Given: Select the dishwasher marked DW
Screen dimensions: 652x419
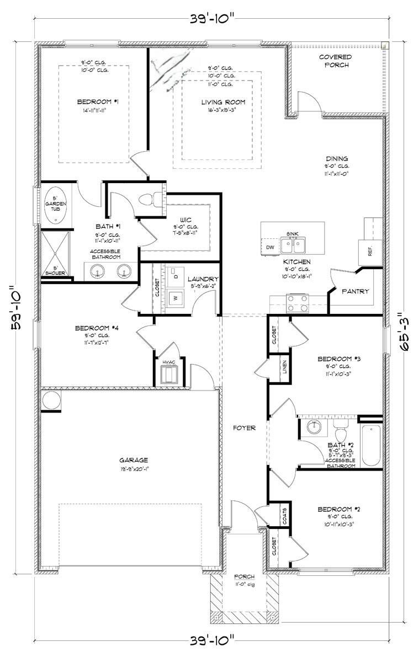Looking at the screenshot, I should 269,247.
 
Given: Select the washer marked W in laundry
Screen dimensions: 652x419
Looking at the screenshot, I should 177,298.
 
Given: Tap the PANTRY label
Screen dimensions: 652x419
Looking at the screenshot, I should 355,291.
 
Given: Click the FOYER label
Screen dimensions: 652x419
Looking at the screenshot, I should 243,427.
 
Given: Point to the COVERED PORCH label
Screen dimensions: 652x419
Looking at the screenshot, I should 335,61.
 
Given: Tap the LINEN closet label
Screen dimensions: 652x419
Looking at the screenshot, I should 284,367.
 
